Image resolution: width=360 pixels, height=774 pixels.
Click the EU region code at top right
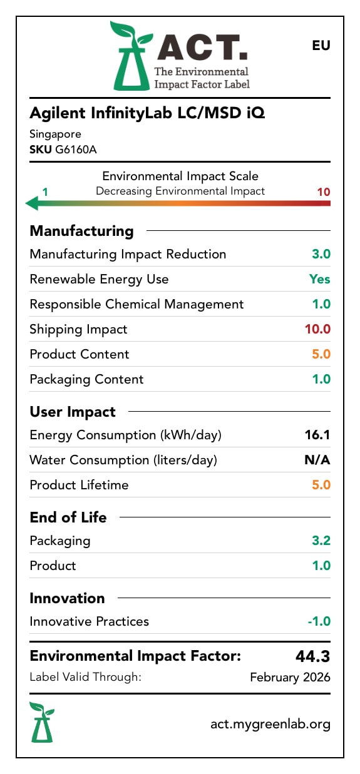click(x=321, y=46)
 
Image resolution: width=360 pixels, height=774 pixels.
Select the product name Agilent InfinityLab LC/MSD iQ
click(x=147, y=113)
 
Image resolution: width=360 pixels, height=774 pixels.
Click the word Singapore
click(x=55, y=134)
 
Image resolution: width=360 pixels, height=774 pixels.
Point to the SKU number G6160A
click(x=76, y=150)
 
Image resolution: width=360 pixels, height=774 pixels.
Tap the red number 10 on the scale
click(x=323, y=191)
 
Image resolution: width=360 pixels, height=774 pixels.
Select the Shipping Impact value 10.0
click(x=317, y=329)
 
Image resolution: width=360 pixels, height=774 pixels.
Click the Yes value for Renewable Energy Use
click(x=319, y=279)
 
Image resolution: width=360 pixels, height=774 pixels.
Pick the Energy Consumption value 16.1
click(x=317, y=435)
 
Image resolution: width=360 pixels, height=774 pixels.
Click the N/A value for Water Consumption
click(x=317, y=460)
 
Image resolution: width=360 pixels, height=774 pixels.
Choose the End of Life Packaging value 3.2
click(x=321, y=541)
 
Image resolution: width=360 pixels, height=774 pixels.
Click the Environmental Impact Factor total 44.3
click(x=312, y=656)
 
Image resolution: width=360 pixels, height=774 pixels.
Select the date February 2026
click(x=290, y=677)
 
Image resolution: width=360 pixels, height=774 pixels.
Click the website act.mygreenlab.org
click(x=270, y=724)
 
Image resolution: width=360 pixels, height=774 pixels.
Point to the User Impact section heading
click(x=73, y=412)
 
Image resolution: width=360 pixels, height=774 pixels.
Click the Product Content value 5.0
click(x=321, y=354)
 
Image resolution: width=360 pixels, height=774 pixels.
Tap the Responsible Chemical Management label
click(x=136, y=304)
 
